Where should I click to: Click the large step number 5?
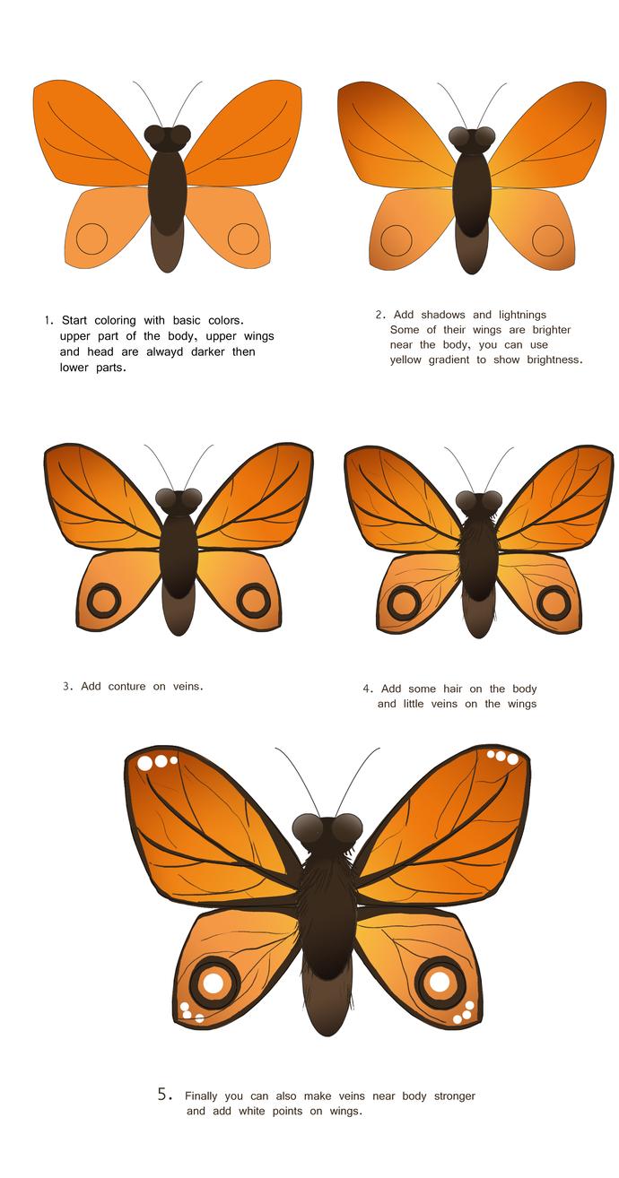click(x=163, y=1094)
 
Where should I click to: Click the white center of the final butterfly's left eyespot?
click(x=213, y=983)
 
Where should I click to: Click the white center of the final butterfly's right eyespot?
click(x=440, y=982)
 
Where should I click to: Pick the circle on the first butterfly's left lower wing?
click(x=92, y=238)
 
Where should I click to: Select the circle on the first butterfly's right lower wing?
click(x=243, y=238)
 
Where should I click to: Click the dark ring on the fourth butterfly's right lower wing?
click(x=553, y=602)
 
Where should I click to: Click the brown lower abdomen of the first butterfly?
click(x=168, y=249)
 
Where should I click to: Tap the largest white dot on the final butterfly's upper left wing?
click(x=145, y=764)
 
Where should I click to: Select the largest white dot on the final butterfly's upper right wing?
click(x=512, y=759)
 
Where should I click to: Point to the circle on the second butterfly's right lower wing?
click(x=547, y=239)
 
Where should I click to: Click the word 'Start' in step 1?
click(x=76, y=320)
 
